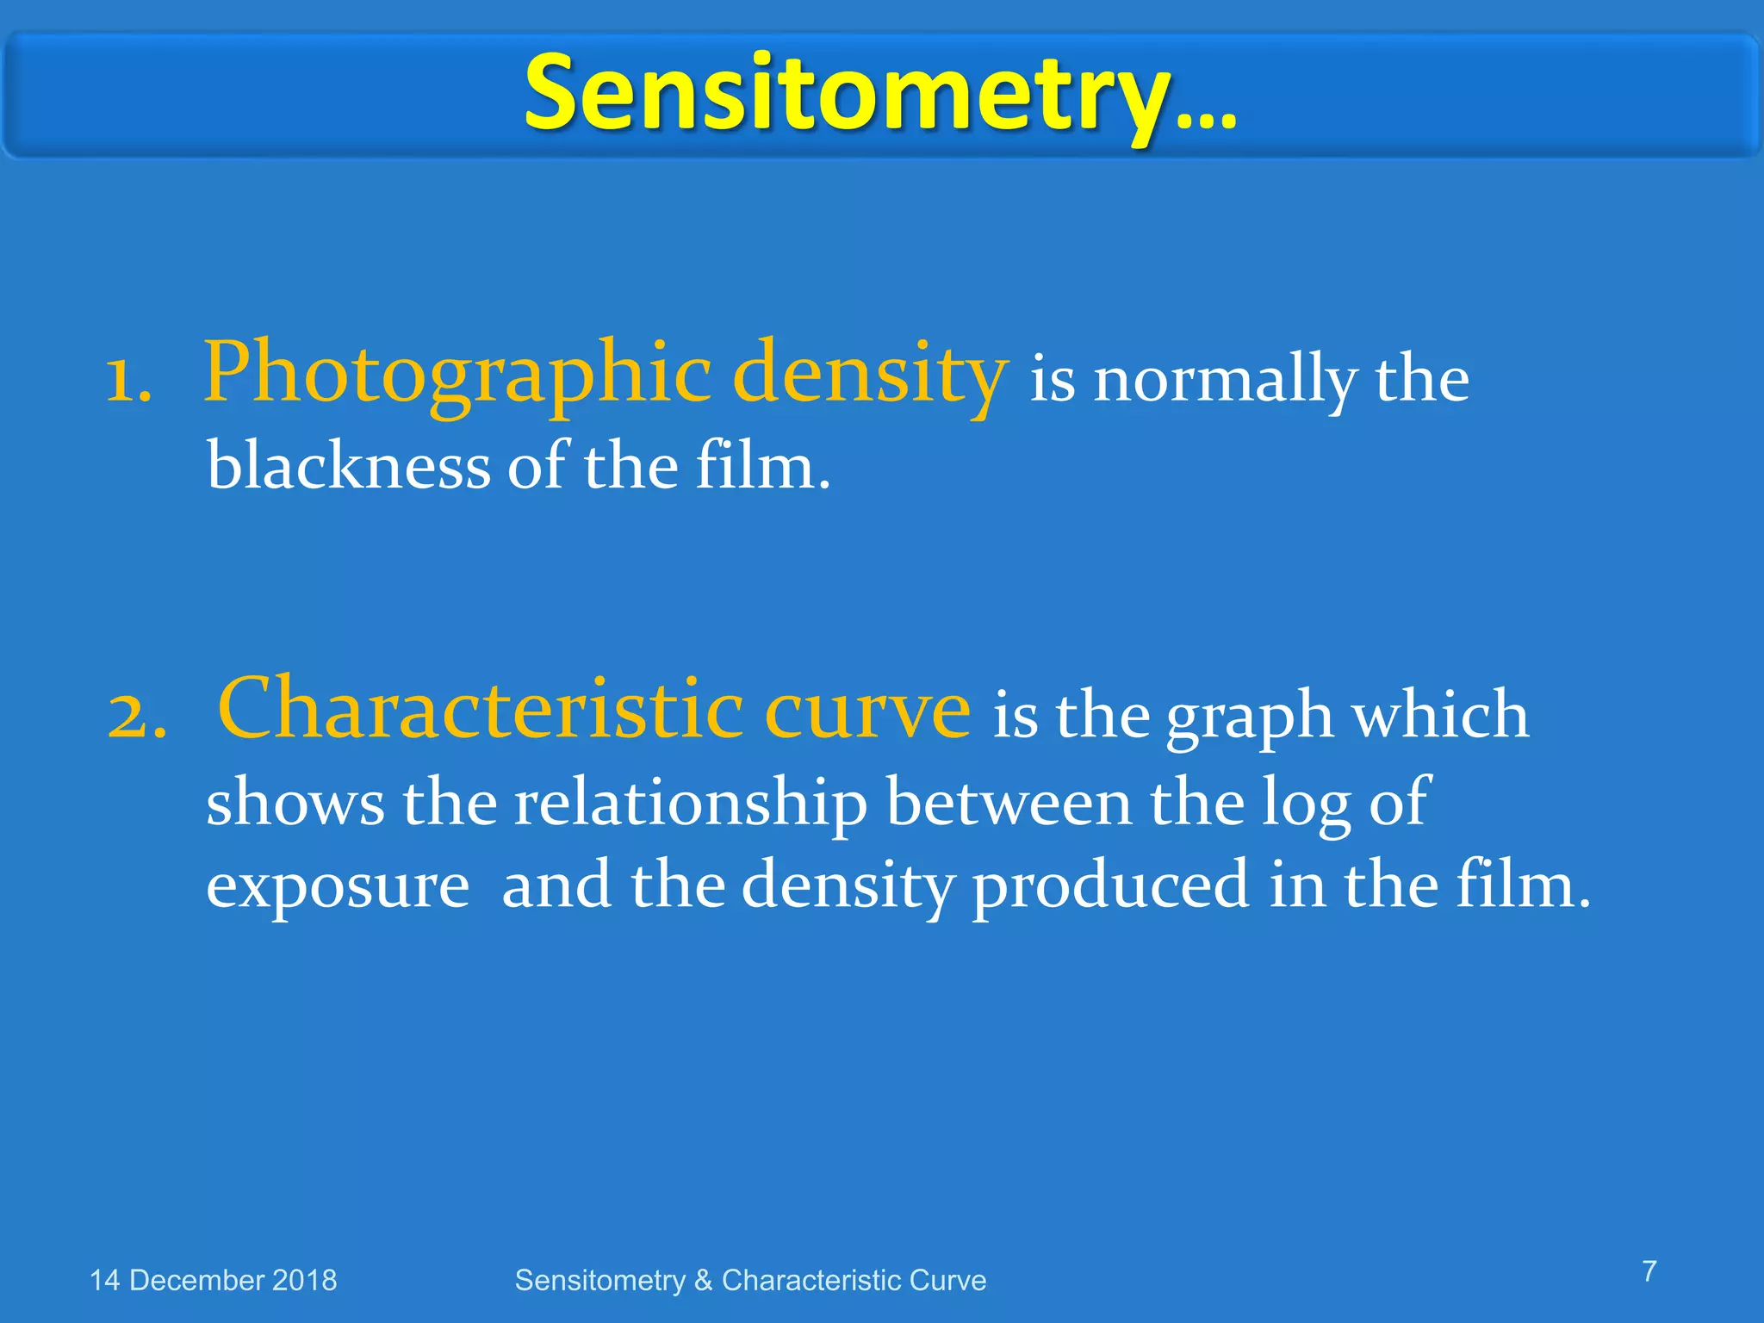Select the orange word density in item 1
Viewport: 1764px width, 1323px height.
pos(870,372)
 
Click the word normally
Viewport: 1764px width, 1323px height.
pos(1226,381)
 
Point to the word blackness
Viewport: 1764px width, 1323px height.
pos(348,466)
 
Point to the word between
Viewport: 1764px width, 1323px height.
pos(1009,802)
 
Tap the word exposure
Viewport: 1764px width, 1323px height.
pos(338,886)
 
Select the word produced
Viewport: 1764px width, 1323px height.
pos(1110,886)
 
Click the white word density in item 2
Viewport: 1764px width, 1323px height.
pos(848,886)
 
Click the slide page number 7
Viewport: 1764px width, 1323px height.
pos(1649,1271)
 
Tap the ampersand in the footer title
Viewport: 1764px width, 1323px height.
pos(703,1281)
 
